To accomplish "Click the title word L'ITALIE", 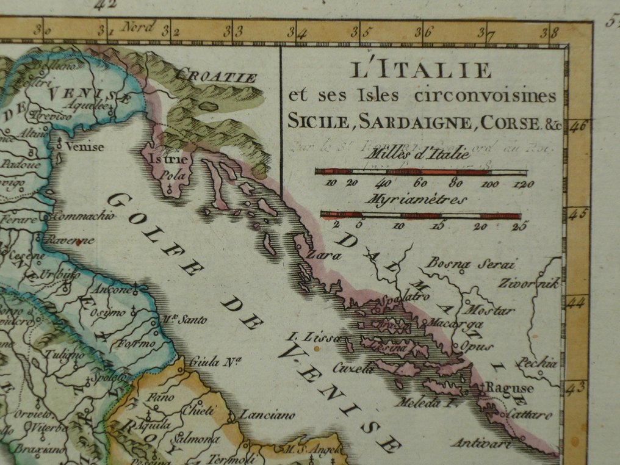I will tap(421, 70).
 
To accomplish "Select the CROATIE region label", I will tap(215, 77).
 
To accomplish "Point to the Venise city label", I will tap(85, 146).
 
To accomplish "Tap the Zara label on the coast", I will tap(323, 256).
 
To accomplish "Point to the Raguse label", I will tap(513, 388).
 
